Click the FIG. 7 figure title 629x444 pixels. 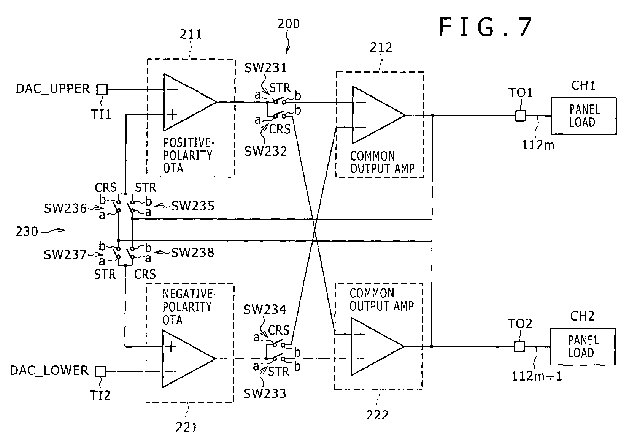[x=485, y=27]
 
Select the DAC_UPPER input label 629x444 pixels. [x=53, y=88]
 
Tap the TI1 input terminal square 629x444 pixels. [x=102, y=90]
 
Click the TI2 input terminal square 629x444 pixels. [x=100, y=371]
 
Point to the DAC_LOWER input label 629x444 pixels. [x=49, y=371]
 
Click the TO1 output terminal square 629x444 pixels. [x=521, y=115]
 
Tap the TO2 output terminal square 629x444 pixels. [x=519, y=347]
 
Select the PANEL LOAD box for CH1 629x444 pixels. [x=583, y=116]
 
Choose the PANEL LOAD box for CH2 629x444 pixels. [x=582, y=347]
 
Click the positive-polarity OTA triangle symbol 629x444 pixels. [x=190, y=103]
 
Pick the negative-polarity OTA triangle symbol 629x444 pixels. [x=189, y=359]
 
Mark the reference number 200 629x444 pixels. [x=289, y=24]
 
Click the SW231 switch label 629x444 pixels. [x=265, y=68]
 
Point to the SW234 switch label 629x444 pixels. [x=265, y=310]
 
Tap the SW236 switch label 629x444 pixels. [x=65, y=209]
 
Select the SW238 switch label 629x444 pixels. [x=193, y=253]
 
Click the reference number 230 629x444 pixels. [x=27, y=232]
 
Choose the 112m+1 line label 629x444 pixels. [x=537, y=376]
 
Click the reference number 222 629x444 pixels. [x=377, y=415]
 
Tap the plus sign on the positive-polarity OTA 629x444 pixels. [x=172, y=114]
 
